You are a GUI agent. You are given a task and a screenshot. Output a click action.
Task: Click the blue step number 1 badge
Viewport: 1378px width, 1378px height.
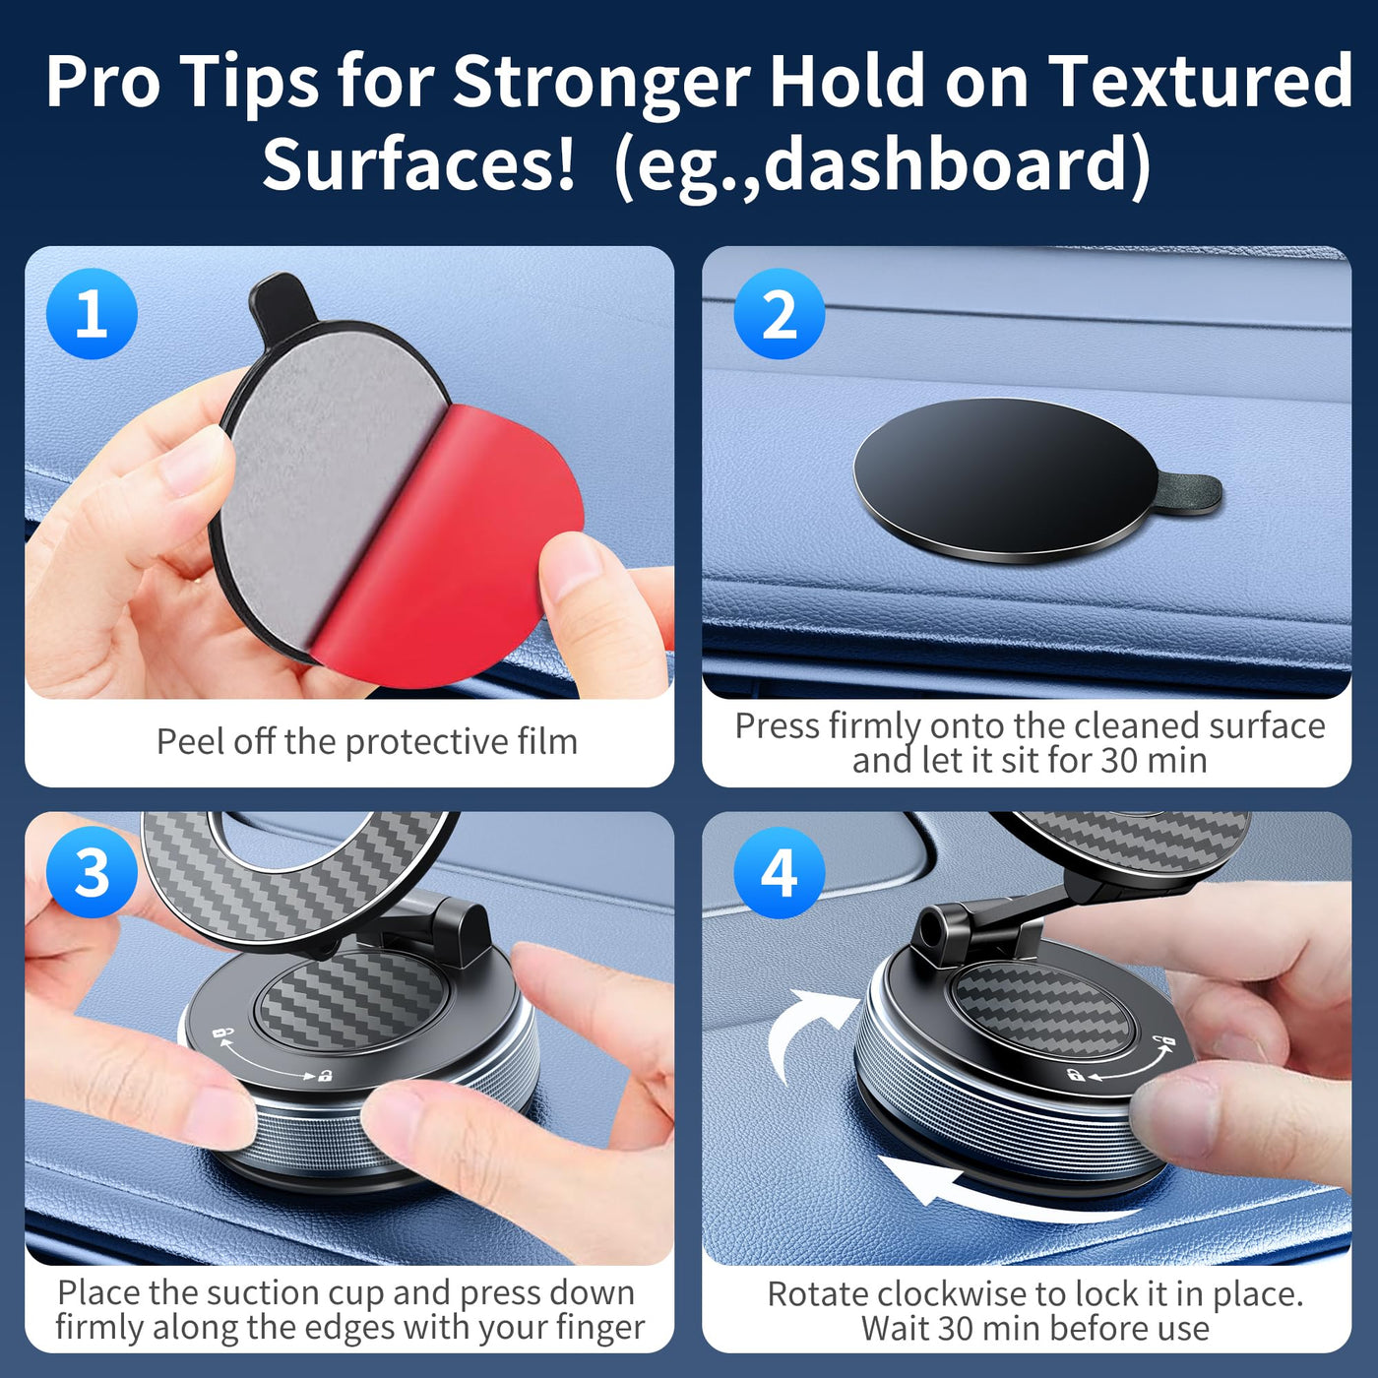point(92,313)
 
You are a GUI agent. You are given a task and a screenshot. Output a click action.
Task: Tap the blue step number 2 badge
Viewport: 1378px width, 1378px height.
point(779,313)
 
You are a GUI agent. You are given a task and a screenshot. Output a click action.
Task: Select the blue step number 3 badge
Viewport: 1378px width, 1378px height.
point(92,872)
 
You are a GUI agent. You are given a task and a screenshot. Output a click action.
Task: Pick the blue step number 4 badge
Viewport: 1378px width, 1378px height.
point(779,872)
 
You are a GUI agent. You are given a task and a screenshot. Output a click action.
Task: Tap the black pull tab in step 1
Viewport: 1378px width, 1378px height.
point(282,304)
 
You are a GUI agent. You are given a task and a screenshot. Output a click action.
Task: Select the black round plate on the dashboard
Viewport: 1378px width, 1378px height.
point(1007,480)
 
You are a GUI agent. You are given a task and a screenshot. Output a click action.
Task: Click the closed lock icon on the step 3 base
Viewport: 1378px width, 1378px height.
point(326,1075)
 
